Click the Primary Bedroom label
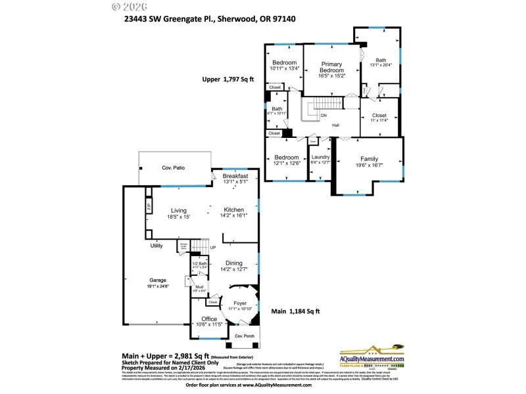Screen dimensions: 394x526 331,66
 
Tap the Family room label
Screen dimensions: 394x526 368,158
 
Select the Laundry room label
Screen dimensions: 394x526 320,157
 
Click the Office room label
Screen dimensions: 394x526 209,319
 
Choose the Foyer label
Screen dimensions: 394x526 240,303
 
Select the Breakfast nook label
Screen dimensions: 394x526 235,176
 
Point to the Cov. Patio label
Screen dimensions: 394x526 174,168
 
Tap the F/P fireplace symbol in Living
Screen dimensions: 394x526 149,206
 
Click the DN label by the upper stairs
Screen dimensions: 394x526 323,116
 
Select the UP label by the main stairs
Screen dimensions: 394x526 212,248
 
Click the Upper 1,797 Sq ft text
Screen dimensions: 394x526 227,79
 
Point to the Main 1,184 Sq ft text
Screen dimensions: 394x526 295,311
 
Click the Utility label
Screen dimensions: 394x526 156,246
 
